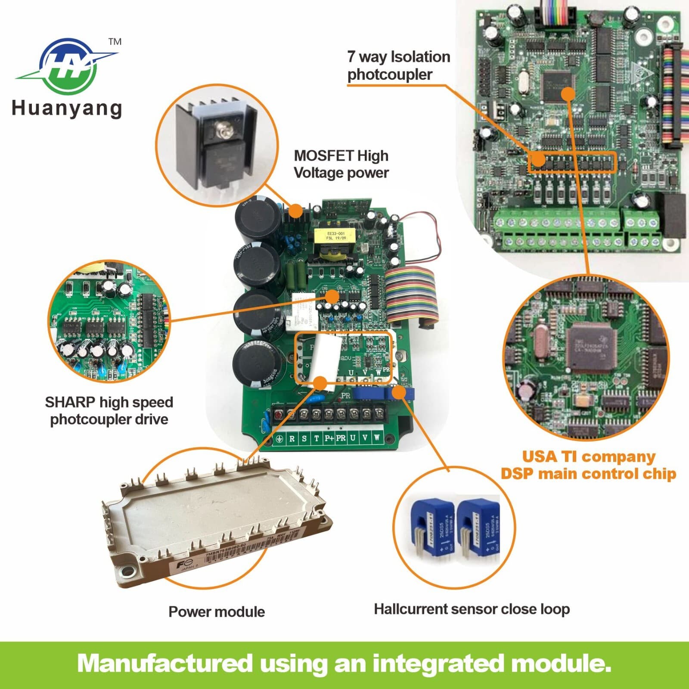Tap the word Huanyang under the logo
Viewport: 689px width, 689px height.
pos(67,108)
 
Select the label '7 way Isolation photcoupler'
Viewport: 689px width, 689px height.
pos(398,65)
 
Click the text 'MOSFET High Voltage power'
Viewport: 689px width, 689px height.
pos(341,164)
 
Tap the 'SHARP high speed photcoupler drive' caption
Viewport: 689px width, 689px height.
pos(109,410)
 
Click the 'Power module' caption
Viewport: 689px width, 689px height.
pos(216,611)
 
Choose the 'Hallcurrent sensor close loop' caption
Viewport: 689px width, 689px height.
pos(472,609)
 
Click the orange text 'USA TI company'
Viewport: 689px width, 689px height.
pos(588,456)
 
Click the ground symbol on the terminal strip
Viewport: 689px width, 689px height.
pos(280,439)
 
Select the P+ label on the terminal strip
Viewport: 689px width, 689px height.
pos(329,438)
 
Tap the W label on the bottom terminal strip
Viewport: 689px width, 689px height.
pos(376,438)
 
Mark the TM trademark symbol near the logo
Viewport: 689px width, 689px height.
pos(115,42)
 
